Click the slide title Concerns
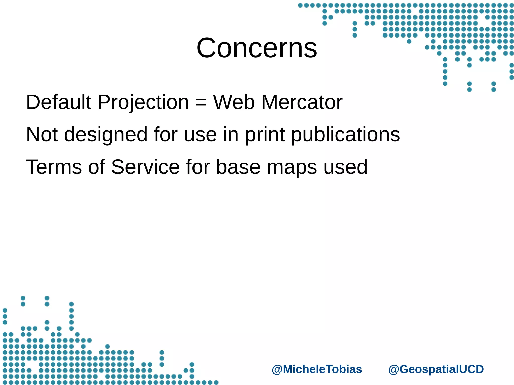click(257, 48)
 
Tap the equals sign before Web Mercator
click(201, 103)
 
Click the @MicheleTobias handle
click(317, 369)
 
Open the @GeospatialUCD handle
click(436, 369)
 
